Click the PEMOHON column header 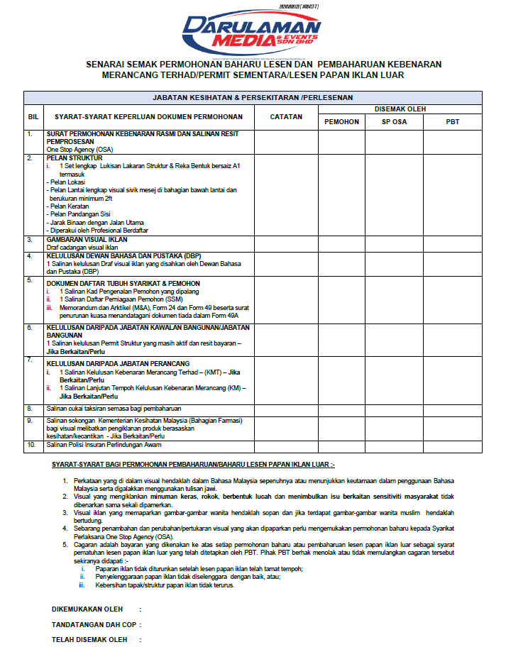pyautogui.click(x=341, y=122)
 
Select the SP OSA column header pyautogui.click(x=395, y=122)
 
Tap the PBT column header pyautogui.click(x=453, y=122)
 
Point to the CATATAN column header pyautogui.click(x=286, y=116)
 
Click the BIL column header pyautogui.click(x=33, y=116)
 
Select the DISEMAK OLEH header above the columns pyautogui.click(x=400, y=109)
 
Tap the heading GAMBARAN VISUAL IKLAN pyautogui.click(x=87, y=239)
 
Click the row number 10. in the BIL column pyautogui.click(x=32, y=445)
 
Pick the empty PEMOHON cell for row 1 pyautogui.click(x=341, y=141)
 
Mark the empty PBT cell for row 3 pyautogui.click(x=453, y=243)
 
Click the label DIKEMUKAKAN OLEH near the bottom pyautogui.click(x=87, y=609)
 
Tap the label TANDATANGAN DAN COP pyautogui.click(x=92, y=624)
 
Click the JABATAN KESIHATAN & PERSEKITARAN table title pyautogui.click(x=253, y=97)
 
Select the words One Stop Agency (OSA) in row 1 pyautogui.click(x=79, y=150)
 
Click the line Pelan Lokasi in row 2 pyautogui.click(x=65, y=182)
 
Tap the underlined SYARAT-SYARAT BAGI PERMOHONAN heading pyautogui.click(x=193, y=465)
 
